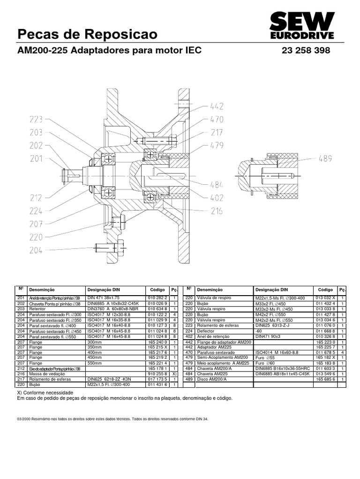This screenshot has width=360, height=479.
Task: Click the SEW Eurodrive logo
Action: click(x=302, y=26)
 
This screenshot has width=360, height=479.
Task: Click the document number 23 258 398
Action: click(x=306, y=51)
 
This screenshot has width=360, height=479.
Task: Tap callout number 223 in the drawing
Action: click(x=36, y=120)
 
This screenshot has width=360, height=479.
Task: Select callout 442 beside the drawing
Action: click(x=217, y=106)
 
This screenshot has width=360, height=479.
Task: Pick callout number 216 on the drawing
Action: click(x=216, y=211)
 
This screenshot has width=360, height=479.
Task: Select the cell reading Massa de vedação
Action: click(x=45, y=374)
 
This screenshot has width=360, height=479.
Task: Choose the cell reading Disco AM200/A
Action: click(x=211, y=379)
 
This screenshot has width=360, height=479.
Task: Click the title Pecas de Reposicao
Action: click(x=87, y=34)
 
